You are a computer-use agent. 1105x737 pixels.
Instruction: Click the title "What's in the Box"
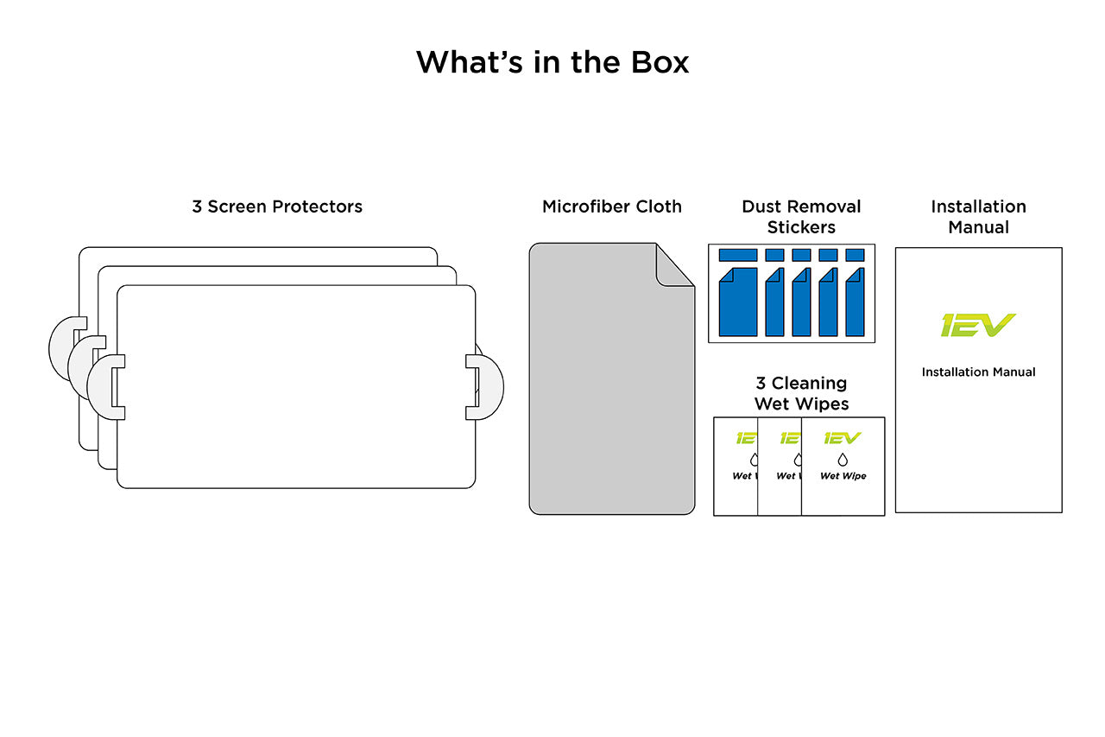click(552, 62)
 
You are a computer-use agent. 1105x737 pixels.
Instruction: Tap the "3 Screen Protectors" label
click(277, 206)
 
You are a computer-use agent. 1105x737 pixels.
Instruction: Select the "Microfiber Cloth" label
click(611, 206)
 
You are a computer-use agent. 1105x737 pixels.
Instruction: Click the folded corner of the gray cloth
click(673, 264)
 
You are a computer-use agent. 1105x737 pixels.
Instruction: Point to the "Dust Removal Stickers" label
click(801, 217)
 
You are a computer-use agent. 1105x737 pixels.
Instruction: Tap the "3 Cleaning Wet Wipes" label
click(801, 393)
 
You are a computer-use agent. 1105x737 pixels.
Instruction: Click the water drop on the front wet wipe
click(843, 460)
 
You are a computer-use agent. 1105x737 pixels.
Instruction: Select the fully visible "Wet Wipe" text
click(843, 476)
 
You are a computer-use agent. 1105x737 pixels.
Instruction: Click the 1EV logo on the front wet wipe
click(843, 438)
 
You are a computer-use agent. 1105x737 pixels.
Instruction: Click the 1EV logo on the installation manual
click(978, 325)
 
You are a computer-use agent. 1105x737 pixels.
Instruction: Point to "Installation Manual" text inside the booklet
click(978, 372)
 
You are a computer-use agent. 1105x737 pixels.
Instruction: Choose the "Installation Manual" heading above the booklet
click(978, 217)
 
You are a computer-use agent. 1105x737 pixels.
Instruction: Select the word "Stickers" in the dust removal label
click(801, 227)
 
